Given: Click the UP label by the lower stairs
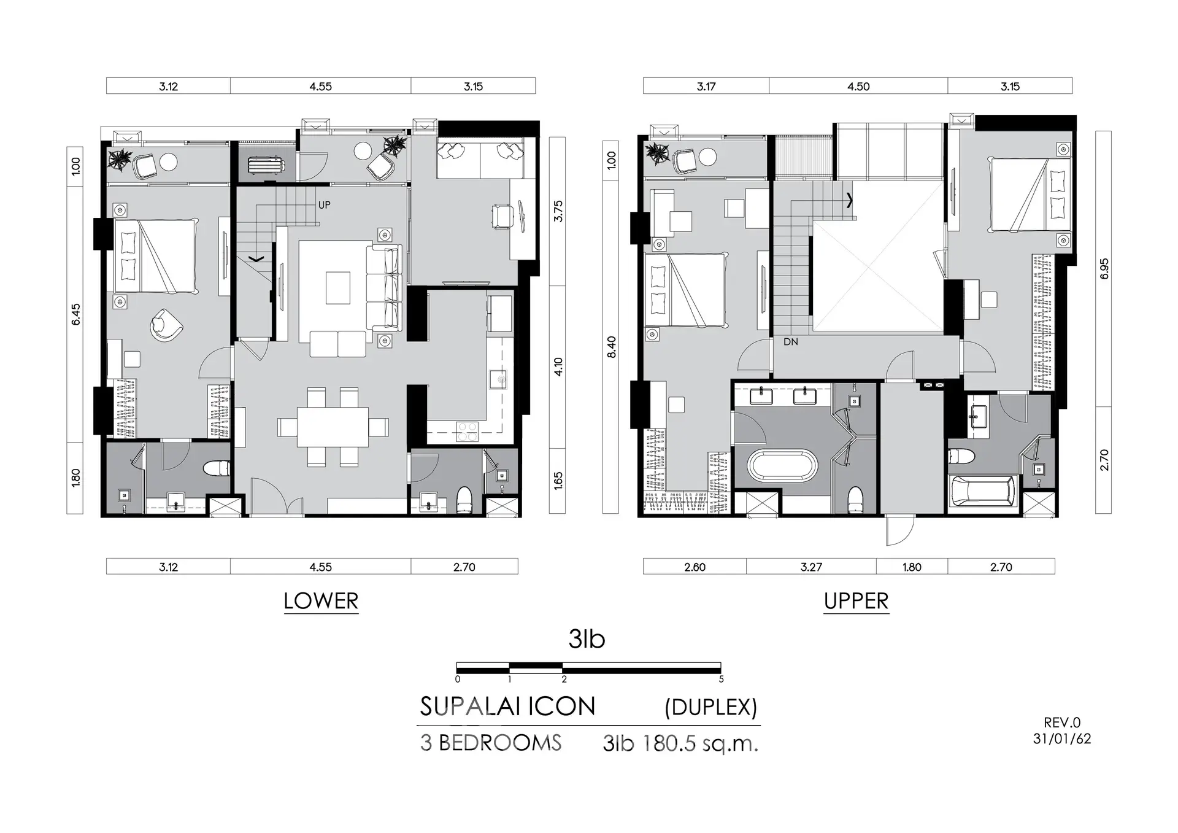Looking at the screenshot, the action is click(x=324, y=205).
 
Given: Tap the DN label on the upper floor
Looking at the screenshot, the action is click(x=790, y=342).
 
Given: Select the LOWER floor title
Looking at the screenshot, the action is click(x=321, y=601).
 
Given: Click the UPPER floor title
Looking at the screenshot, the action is click(x=856, y=601).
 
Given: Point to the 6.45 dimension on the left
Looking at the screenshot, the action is click(x=75, y=314).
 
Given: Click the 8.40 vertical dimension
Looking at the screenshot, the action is click(x=611, y=347).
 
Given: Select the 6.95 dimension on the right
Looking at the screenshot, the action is click(x=1104, y=269).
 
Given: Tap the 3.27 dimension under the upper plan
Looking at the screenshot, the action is click(x=811, y=567).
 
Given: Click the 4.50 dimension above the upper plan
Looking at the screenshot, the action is click(x=858, y=87).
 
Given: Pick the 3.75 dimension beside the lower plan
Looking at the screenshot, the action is click(x=558, y=211).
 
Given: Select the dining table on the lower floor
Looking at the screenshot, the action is click(x=333, y=427).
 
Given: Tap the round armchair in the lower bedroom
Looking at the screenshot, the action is click(x=166, y=325).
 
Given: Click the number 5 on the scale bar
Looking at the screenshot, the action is click(x=721, y=680).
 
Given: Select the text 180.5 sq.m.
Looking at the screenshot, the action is click(x=700, y=743).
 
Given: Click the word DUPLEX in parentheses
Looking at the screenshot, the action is click(x=711, y=707).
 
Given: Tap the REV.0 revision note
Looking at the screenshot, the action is click(x=1062, y=723).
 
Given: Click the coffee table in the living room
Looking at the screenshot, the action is click(x=337, y=288).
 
